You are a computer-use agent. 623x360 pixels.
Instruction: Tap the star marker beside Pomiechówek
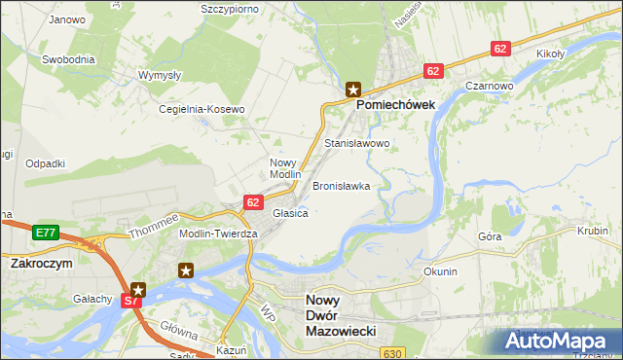(352, 89)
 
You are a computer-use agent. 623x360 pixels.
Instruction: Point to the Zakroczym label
(43, 263)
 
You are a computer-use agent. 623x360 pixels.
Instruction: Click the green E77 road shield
(45, 233)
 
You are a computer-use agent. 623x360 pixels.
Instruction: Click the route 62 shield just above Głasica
(252, 201)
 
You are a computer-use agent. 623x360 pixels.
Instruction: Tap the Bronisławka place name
(341, 185)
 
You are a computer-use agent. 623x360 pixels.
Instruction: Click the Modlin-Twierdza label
(218, 234)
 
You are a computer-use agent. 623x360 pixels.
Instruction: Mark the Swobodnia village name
(68, 58)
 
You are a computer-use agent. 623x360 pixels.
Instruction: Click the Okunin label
(440, 271)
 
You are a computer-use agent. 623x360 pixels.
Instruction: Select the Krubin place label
(592, 232)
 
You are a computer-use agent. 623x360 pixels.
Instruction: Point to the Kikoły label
(551, 53)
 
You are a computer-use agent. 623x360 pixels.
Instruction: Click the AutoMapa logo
(557, 341)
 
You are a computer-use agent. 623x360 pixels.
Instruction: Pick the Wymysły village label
(161, 75)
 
